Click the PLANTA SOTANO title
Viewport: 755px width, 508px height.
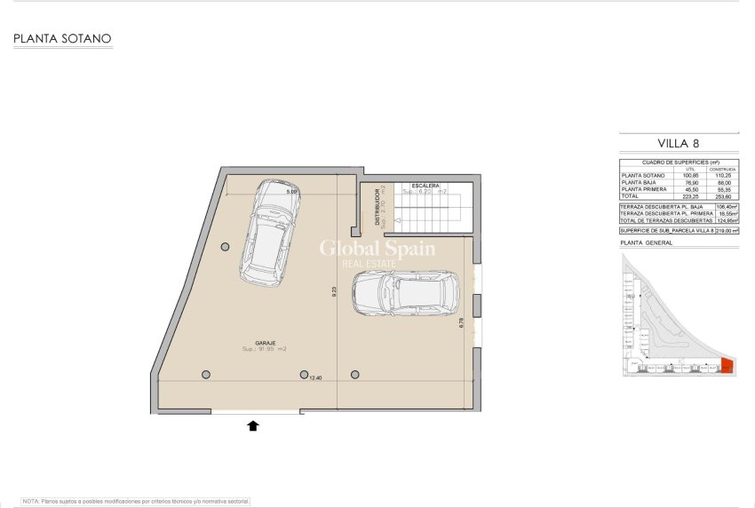point(60,39)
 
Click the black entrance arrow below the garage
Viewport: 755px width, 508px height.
point(253,426)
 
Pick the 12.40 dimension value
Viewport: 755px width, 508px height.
point(315,378)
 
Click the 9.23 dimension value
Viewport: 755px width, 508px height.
point(333,290)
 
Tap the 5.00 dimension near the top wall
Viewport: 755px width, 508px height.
point(291,191)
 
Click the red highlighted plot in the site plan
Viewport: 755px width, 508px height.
point(727,365)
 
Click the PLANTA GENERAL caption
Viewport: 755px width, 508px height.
point(646,242)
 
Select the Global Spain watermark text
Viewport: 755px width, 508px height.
point(377,249)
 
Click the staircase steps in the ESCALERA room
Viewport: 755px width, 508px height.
point(430,212)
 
